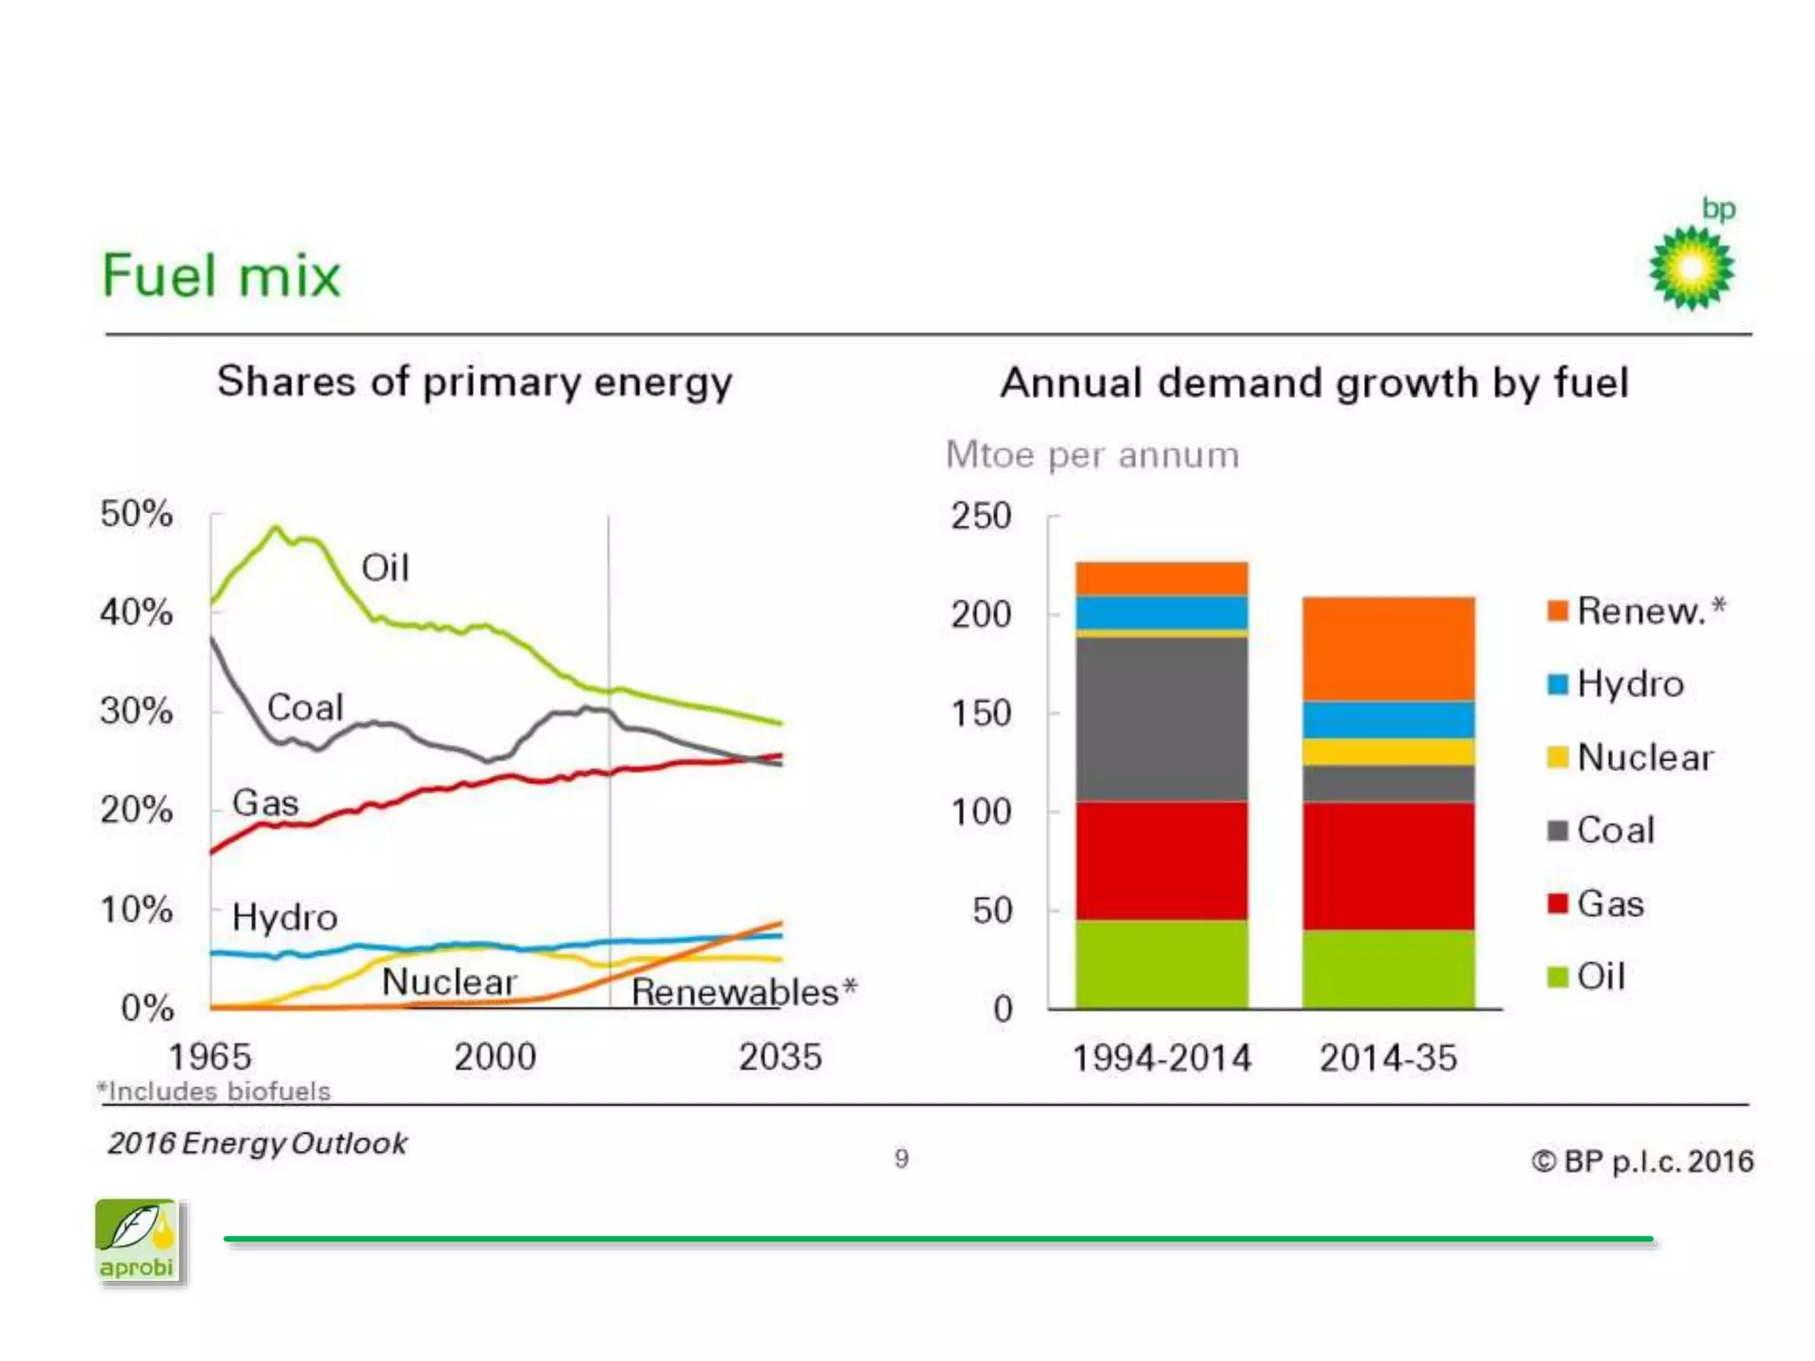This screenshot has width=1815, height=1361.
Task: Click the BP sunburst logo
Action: (1691, 268)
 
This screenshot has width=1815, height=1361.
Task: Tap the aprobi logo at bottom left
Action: (137, 1240)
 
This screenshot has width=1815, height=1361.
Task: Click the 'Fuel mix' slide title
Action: (222, 276)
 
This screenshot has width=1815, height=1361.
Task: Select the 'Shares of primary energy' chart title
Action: (475, 383)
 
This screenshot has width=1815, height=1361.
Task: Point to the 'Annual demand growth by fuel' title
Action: (1314, 384)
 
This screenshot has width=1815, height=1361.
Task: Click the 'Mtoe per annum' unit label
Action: (1092, 455)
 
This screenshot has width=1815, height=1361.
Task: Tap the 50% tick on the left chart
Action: (136, 514)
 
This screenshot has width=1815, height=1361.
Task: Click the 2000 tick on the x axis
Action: (495, 1057)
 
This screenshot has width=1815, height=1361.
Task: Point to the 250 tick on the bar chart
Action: (981, 516)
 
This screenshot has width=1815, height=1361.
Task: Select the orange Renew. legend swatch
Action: (1557, 611)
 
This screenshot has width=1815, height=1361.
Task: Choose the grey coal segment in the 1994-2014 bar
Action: (1161, 719)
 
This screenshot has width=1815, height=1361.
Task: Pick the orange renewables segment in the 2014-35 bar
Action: (1388, 649)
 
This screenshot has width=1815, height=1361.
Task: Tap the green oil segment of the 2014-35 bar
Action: (1388, 968)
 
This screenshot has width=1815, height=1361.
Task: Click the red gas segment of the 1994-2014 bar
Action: (1161, 860)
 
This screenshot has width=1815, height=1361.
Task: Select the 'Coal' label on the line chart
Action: (305, 707)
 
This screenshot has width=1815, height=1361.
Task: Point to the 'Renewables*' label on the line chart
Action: (744, 992)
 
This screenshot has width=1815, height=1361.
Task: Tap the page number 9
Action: (901, 1159)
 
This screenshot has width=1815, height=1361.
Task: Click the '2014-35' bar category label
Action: (1388, 1058)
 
